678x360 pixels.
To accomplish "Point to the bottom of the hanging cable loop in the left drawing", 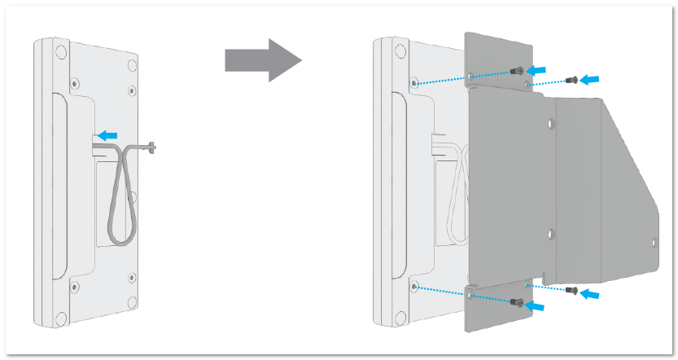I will click(119, 239).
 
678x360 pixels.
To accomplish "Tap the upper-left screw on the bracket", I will click(515, 72).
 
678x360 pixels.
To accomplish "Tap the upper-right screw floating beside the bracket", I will click(570, 79).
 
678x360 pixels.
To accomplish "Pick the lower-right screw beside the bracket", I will click(574, 291).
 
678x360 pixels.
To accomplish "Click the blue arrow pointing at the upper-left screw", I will click(537, 69).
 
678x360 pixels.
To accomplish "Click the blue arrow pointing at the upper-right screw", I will click(593, 78).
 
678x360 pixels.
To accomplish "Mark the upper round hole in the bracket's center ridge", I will click(549, 125).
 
